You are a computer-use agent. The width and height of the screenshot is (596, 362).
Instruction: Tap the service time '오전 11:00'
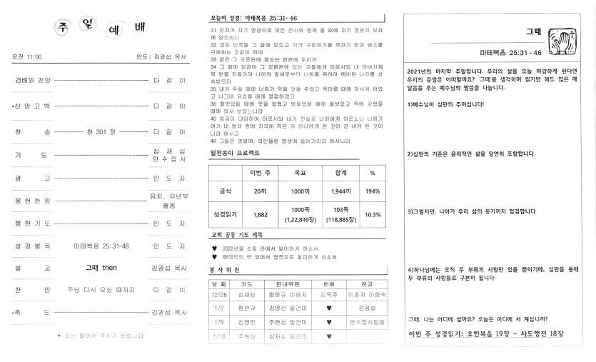coord(27,56)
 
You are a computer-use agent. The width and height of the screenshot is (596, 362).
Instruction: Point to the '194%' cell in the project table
coord(372,192)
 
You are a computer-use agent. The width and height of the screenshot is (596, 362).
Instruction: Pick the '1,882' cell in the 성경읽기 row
coord(260,214)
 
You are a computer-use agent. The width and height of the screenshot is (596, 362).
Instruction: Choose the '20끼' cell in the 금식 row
coord(260,192)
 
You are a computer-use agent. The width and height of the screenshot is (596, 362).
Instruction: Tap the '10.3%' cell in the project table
coord(373,214)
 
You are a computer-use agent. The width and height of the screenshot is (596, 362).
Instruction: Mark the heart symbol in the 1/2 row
coord(328,308)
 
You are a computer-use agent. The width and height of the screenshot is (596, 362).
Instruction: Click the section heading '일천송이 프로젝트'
coord(235,154)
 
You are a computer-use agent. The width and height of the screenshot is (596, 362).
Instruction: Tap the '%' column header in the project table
coord(372,172)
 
